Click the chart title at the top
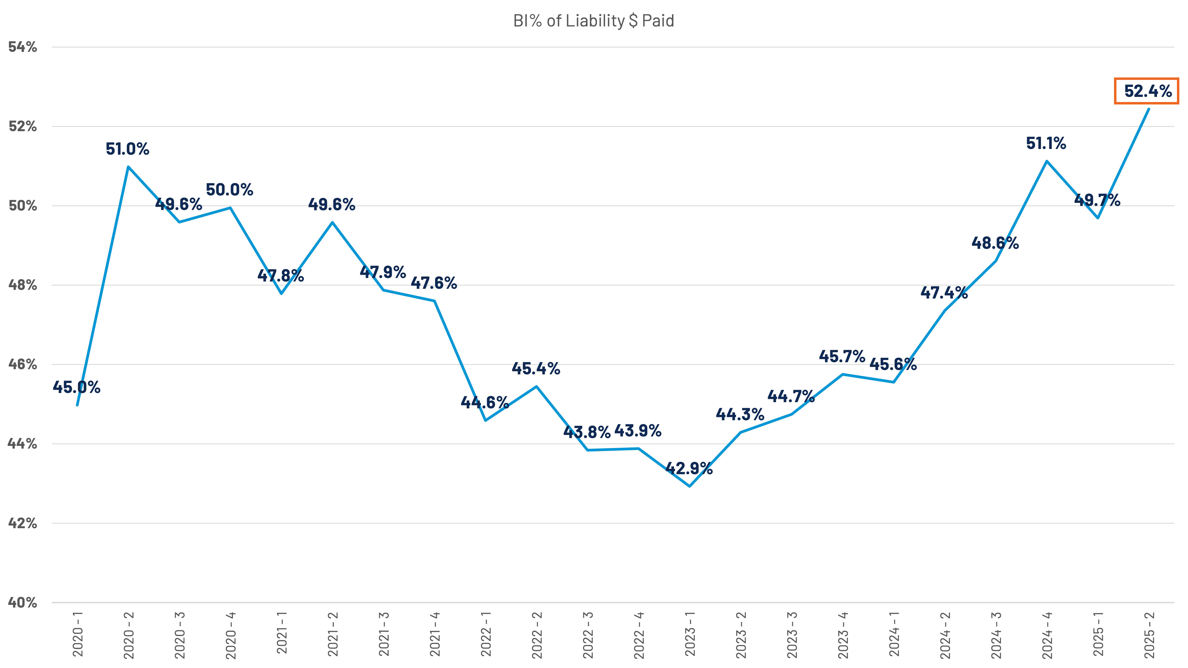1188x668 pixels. click(x=594, y=21)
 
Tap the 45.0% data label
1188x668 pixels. click(x=76, y=387)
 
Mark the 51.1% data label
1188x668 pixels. click(x=1046, y=144)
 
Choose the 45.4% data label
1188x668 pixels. click(x=536, y=369)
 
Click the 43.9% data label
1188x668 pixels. click(x=638, y=432)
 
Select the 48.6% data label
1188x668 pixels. click(x=995, y=243)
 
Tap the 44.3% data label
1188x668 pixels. click(x=740, y=415)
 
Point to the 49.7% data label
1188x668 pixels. click(x=1097, y=200)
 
